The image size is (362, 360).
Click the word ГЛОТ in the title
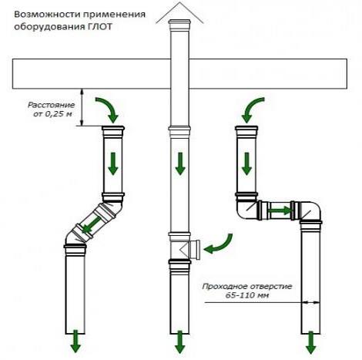click(x=98, y=27)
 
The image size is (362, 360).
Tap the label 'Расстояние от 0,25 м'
click(x=52, y=109)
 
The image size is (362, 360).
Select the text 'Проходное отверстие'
click(x=247, y=286)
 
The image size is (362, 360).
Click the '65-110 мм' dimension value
click(x=247, y=295)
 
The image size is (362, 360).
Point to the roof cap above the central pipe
click(x=179, y=13)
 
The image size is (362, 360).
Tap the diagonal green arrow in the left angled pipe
click(x=91, y=224)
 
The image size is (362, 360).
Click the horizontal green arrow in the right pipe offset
click(x=280, y=210)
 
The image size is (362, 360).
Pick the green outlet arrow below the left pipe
click(x=75, y=341)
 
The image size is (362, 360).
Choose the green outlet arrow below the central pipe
click(x=179, y=341)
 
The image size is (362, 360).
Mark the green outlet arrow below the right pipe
click(x=311, y=342)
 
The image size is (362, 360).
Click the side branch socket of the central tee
click(x=195, y=249)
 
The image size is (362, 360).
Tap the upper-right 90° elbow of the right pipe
click(x=310, y=211)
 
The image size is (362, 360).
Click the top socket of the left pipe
click(x=113, y=131)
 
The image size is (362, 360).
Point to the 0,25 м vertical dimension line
click(x=82, y=107)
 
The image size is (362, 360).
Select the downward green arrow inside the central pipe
click(x=180, y=163)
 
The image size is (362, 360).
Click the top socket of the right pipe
click(x=246, y=131)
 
